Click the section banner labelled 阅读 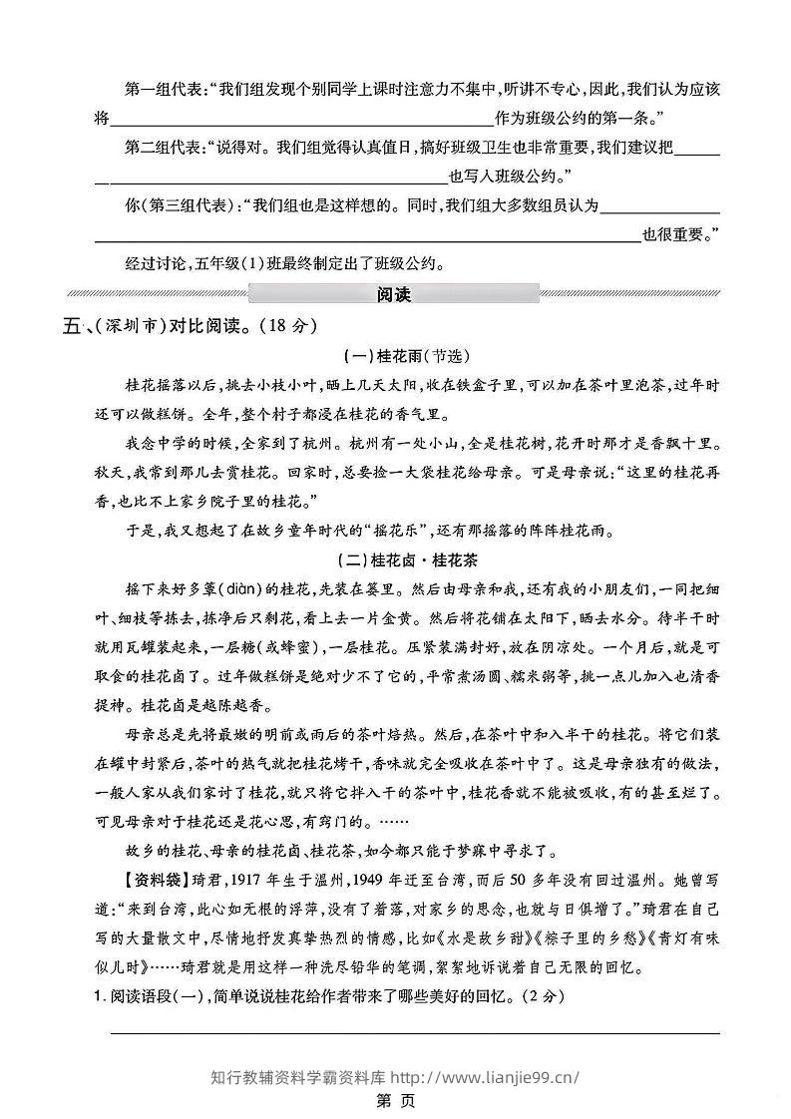395,294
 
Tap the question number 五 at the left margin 71,326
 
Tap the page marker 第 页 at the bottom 395,1101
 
